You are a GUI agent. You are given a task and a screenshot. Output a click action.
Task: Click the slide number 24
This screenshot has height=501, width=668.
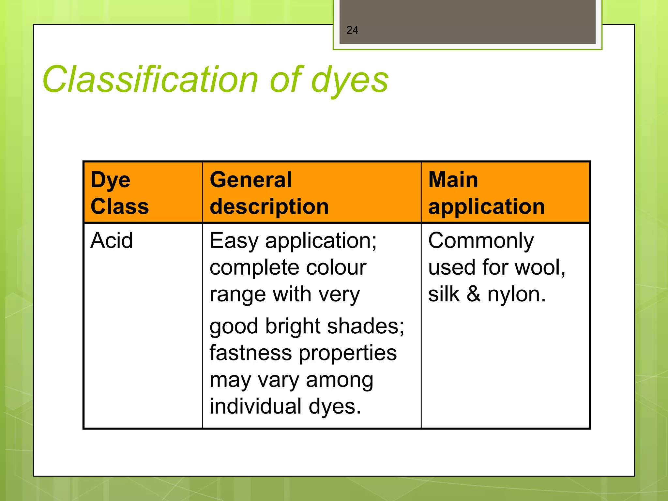coord(352,30)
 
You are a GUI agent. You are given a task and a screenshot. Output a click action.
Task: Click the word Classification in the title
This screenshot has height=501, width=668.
coord(150,80)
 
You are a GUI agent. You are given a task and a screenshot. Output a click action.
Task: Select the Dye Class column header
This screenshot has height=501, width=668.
coord(119,193)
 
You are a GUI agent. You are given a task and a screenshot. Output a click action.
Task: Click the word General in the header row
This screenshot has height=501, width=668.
coord(250,180)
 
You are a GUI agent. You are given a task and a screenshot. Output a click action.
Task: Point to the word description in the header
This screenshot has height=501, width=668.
coord(269,207)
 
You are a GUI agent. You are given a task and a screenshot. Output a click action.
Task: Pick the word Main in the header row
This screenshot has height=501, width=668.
coord(453,180)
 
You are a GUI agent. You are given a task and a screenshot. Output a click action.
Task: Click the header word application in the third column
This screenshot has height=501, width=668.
coord(486,207)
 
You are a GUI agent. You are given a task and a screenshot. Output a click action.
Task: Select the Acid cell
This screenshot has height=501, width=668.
coord(112,241)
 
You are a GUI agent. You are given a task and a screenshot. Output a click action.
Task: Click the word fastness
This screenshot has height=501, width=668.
coord(250,353)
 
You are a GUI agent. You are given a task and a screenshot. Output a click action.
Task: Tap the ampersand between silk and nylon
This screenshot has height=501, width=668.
coord(474,294)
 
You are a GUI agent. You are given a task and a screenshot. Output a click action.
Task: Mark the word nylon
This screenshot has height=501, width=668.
coord(516,295)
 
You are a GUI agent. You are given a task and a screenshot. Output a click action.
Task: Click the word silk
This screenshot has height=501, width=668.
coord(444,294)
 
